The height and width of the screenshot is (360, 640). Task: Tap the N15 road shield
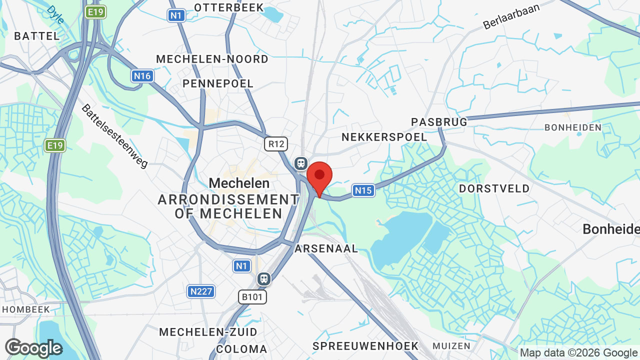363,190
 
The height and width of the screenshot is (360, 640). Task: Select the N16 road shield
142,76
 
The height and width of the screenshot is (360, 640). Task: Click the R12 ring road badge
276,144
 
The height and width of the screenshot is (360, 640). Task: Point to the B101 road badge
252,297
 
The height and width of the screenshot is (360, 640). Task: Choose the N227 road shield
201,291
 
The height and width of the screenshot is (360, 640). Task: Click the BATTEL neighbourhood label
37,36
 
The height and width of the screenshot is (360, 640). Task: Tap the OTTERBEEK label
229,7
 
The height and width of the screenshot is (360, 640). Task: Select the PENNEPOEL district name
218,83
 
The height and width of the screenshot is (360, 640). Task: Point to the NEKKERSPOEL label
384,137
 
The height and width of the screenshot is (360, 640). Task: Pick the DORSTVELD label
494,188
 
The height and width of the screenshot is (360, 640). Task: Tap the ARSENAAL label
326,248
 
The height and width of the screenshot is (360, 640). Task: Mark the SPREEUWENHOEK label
365,346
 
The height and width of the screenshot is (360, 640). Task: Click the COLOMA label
241,349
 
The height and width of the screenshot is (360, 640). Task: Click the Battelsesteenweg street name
115,136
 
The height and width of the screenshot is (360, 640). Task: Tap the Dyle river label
55,14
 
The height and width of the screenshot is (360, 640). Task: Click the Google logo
33,348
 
